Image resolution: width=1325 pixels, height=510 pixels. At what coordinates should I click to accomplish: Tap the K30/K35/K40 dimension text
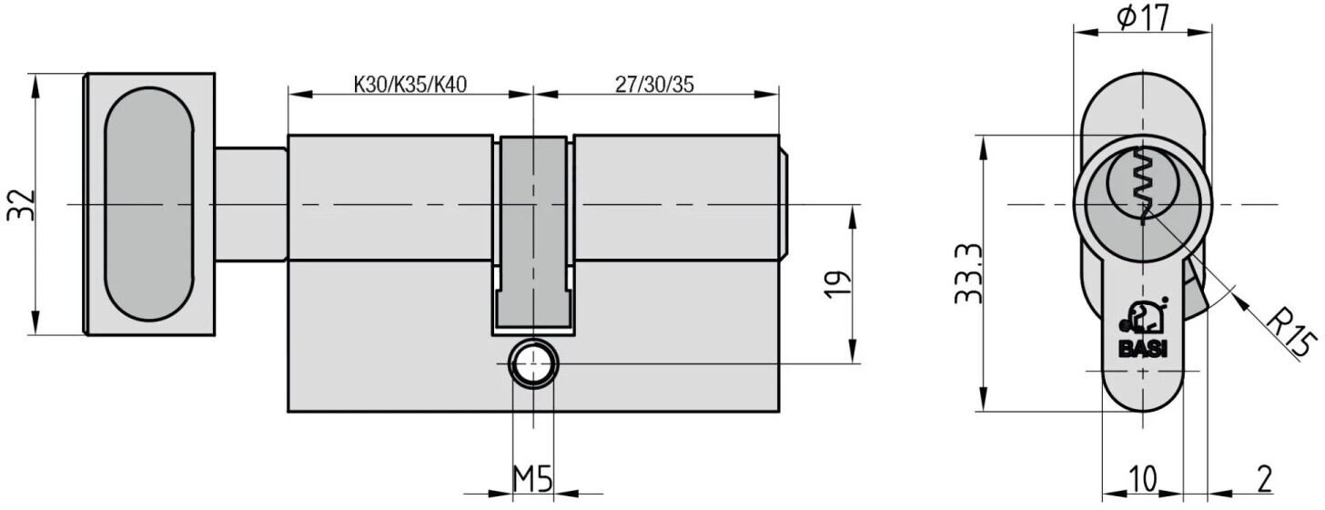coord(410,85)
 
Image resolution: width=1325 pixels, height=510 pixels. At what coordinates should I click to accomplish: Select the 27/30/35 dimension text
coord(654,85)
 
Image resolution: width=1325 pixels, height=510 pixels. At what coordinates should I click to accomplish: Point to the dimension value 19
coord(837,285)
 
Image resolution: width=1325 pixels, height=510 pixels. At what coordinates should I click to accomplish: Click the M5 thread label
coord(532,479)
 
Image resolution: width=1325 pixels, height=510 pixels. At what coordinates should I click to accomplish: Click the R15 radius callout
coord(1291,336)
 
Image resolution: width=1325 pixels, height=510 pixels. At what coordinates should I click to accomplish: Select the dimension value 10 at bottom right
coord(1143,479)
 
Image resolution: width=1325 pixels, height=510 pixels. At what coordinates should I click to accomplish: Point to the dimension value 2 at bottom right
coord(1263,479)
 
